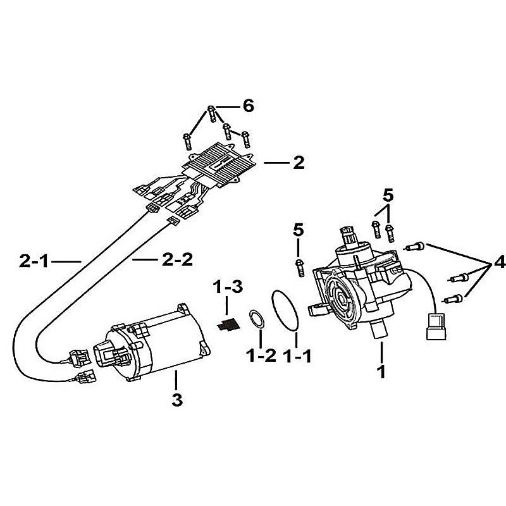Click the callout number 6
248,106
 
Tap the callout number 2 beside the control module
299,163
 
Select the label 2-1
34,261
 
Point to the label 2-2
177,259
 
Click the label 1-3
228,287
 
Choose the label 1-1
297,356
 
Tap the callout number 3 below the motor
177,400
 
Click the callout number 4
500,263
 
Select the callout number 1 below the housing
382,372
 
